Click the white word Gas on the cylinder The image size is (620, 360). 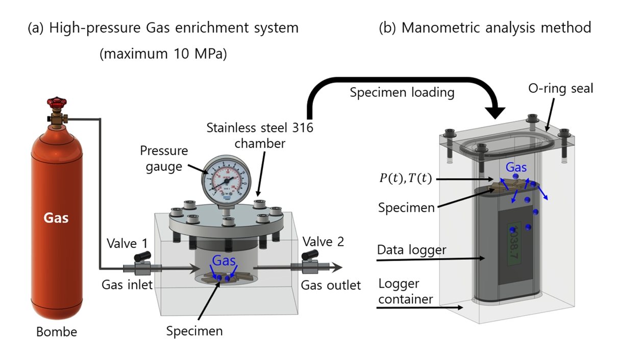coord(56,218)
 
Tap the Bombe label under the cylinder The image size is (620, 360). coord(56,332)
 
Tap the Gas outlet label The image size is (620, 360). coord(330,285)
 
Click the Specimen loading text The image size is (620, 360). coord(402,92)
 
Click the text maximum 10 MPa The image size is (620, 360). coord(163,53)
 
